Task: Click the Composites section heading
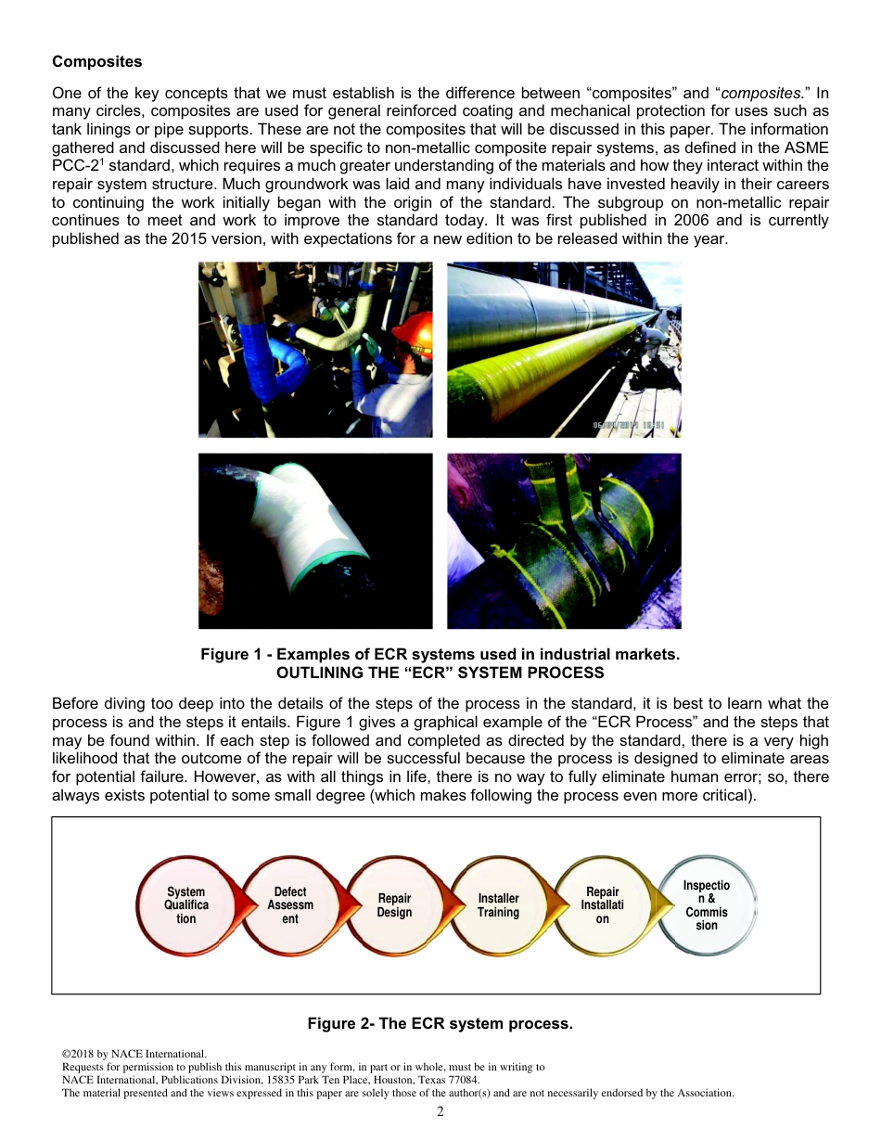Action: [x=97, y=62]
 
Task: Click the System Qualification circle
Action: [x=186, y=905]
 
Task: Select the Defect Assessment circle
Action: [x=290, y=905]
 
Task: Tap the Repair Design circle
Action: [x=394, y=905]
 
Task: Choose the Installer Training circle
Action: [x=498, y=905]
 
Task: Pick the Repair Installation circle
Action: [x=603, y=905]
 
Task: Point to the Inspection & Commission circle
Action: [x=707, y=905]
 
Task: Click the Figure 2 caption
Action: [x=440, y=1024]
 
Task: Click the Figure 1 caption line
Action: [x=440, y=655]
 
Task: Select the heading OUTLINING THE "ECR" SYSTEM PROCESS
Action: [x=440, y=673]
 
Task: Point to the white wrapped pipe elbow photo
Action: [x=315, y=541]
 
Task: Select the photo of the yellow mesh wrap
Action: [x=564, y=541]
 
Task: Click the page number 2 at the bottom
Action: [x=440, y=1112]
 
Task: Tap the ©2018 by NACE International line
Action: [x=134, y=1054]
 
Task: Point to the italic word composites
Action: [x=762, y=94]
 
